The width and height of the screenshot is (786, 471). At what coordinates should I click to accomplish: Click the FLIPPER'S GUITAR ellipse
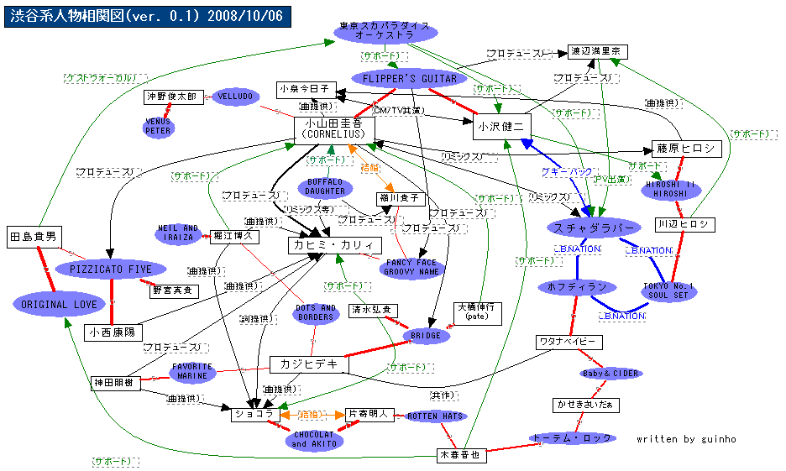pyautogui.click(x=410, y=79)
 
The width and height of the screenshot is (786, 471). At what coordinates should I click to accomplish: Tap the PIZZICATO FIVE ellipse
pyautogui.click(x=110, y=270)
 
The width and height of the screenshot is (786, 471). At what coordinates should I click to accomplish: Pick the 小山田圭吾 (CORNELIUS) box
pyautogui.click(x=333, y=129)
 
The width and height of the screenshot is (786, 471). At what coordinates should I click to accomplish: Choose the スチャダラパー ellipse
pyautogui.click(x=592, y=227)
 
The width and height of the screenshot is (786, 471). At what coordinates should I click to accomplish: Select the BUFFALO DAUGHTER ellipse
pyautogui.click(x=324, y=186)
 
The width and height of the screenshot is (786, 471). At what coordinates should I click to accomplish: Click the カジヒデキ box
pyautogui.click(x=308, y=364)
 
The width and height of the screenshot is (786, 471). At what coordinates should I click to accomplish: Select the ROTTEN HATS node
pyautogui.click(x=434, y=416)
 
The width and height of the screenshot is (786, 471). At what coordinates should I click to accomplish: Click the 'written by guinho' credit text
pyautogui.click(x=686, y=439)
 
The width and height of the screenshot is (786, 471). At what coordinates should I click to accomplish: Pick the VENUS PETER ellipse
pyautogui.click(x=158, y=126)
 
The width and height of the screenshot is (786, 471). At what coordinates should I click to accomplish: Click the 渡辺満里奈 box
pyautogui.click(x=595, y=51)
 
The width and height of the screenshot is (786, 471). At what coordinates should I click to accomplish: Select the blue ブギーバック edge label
pyautogui.click(x=567, y=171)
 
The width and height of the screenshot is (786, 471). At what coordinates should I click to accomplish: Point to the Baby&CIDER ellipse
pyautogui.click(x=610, y=373)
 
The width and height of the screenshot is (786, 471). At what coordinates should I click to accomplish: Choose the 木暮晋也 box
pyautogui.click(x=462, y=454)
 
